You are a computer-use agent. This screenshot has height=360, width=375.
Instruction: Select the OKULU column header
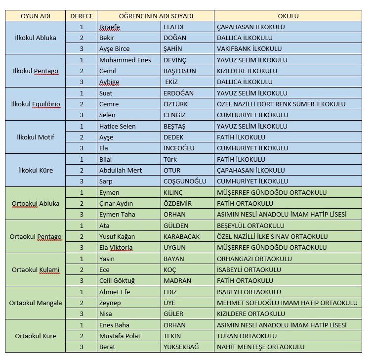pyautogui.click(x=288, y=16)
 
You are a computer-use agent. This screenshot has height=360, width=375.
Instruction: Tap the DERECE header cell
pyautogui.click(x=82, y=16)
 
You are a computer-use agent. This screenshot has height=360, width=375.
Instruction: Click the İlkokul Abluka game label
pyautogui.click(x=36, y=38)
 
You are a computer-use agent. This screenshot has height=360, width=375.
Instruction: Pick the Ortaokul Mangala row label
pyautogui.click(x=36, y=303)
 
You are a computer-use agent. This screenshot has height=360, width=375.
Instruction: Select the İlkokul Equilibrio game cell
pyautogui.click(x=36, y=104)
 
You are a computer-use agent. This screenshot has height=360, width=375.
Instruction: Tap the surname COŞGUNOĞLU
pyautogui.click(x=185, y=181)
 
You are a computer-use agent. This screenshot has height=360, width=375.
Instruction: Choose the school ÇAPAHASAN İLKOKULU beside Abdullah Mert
pyautogui.click(x=251, y=170)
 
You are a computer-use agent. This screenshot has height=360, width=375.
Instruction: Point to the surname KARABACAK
pyautogui.click(x=181, y=236)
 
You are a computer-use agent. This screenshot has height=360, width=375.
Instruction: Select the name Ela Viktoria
pyautogui.click(x=116, y=247)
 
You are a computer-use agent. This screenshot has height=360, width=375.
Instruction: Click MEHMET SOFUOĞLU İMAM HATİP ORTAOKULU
pyautogui.click(x=287, y=303)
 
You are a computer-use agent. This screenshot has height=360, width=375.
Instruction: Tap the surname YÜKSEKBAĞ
pyautogui.click(x=181, y=347)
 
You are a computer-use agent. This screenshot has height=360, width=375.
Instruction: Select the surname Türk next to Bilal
pyautogui.click(x=170, y=159)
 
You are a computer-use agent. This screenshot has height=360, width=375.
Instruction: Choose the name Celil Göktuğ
pyautogui.click(x=117, y=280)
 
